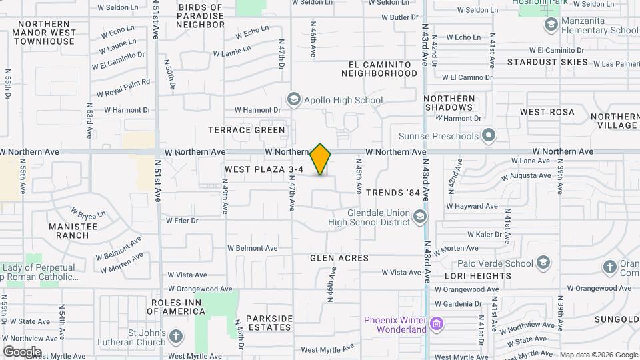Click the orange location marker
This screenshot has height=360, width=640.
[321, 159]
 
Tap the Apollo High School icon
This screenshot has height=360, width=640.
[293, 100]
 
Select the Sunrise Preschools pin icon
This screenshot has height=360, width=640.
[489, 136]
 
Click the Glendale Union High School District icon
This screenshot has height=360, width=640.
[420, 216]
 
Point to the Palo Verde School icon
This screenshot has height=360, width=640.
[543, 263]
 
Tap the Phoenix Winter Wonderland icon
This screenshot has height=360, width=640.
[436, 325]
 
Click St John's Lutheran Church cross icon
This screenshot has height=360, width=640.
[176, 336]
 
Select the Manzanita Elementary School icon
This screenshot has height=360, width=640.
[551, 25]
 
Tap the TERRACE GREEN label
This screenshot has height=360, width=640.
[247, 130]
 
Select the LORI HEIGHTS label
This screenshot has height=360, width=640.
[480, 276]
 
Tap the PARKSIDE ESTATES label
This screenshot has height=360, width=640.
[269, 323]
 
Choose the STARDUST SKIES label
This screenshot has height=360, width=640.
[547, 62]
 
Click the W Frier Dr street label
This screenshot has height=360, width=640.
[183, 220]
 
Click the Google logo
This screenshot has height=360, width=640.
[22, 351]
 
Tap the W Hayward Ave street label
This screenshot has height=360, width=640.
[477, 207]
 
